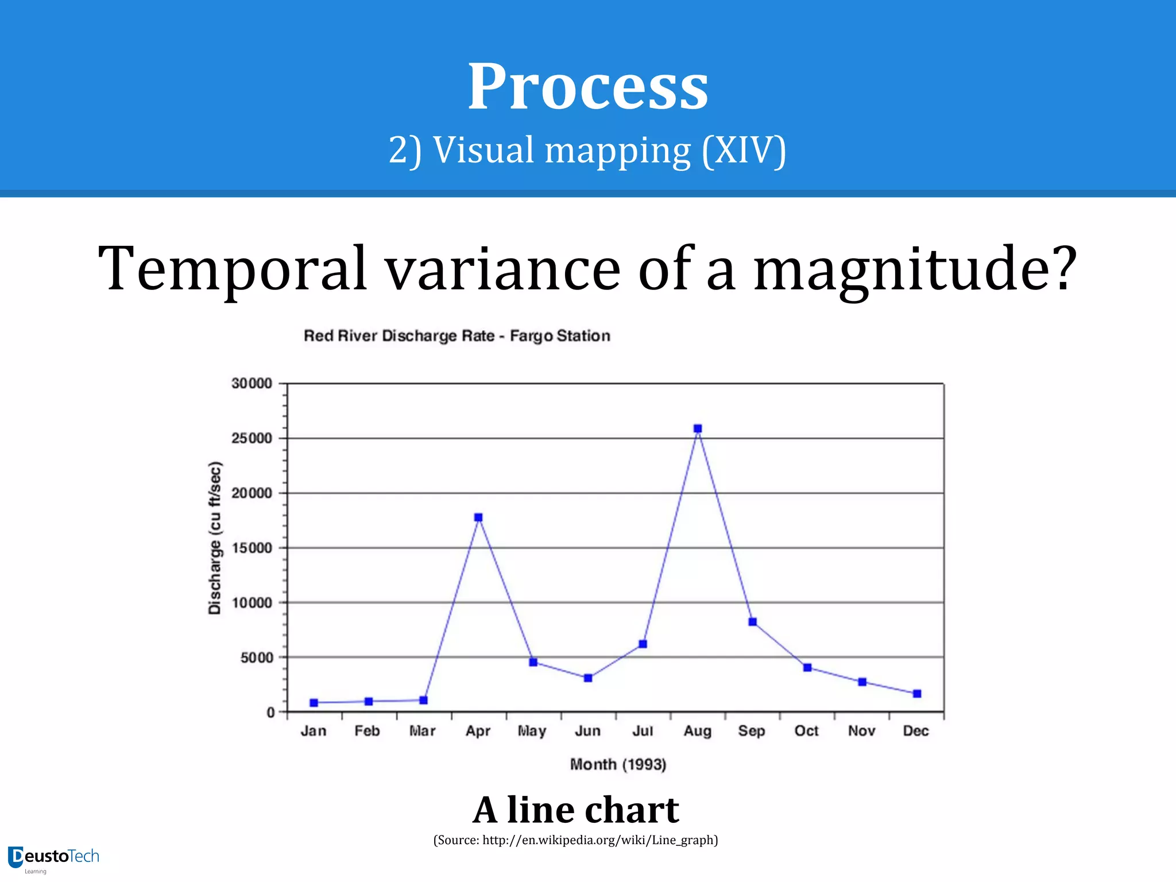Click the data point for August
(698, 428)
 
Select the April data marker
(478, 517)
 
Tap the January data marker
(314, 703)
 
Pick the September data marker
(753, 622)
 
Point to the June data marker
(588, 678)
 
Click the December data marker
(917, 694)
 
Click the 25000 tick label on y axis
(252, 439)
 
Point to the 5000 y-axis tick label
(257, 658)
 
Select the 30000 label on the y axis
(252, 384)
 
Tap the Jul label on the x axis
(643, 731)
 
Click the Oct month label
(806, 731)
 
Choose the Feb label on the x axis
(367, 731)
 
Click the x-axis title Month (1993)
(618, 764)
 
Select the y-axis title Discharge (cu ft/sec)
(214, 537)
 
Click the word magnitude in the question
(914, 269)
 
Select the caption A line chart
(576, 810)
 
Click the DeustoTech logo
(53, 858)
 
